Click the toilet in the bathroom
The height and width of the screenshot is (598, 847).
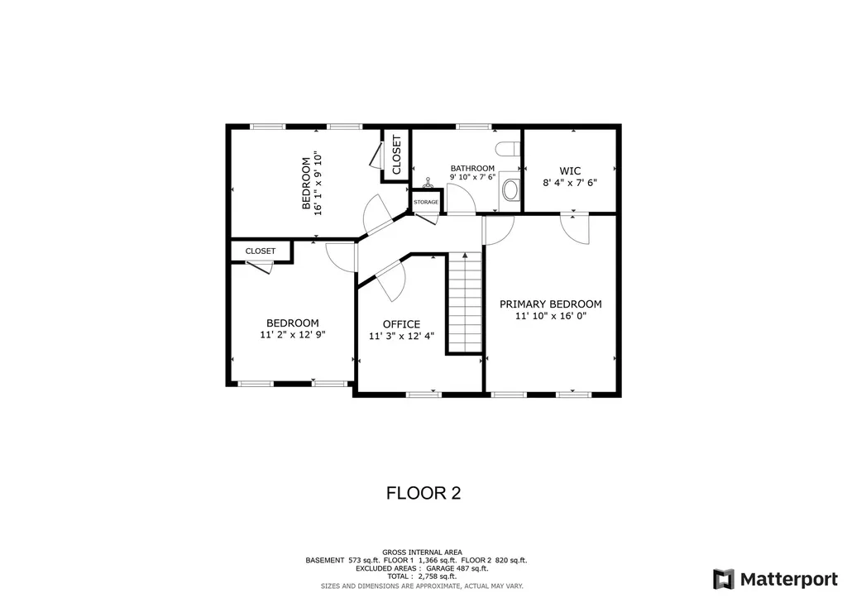click(x=508, y=148)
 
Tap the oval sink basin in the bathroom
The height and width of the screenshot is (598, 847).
click(x=510, y=189)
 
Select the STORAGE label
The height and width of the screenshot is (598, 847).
click(x=426, y=202)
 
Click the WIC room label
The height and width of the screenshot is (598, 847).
click(x=570, y=170)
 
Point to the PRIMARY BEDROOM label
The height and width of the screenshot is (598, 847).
click(x=550, y=304)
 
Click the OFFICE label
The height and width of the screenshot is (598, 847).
click(x=401, y=324)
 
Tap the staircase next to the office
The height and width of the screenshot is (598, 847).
click(x=465, y=303)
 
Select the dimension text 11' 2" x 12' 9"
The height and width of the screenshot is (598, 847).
click(x=293, y=335)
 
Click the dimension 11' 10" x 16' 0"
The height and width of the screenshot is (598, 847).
click(x=550, y=316)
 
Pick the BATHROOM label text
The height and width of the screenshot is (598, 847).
click(x=472, y=168)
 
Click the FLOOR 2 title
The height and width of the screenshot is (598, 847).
click(x=423, y=493)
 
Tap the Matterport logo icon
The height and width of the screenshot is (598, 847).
click(x=723, y=580)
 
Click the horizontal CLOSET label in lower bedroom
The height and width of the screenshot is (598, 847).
click(x=261, y=251)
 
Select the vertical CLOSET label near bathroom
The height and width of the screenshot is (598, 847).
click(x=397, y=155)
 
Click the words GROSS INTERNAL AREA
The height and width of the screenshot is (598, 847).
click(x=423, y=552)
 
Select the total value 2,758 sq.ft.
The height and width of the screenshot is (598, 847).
click(x=438, y=576)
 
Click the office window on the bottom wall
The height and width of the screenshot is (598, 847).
click(x=424, y=395)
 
